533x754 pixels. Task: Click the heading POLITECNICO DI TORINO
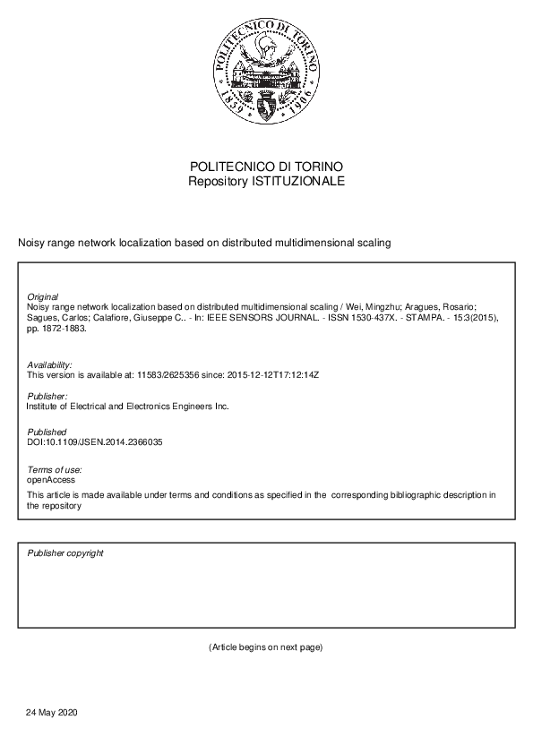click(266, 167)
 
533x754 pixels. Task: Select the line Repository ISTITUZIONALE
click(266, 181)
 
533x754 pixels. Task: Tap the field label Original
click(43, 296)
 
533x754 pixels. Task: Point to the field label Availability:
click(49, 365)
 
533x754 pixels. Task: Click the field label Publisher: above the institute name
click(47, 396)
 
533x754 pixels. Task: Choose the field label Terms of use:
click(55, 469)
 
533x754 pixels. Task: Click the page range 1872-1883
click(60, 329)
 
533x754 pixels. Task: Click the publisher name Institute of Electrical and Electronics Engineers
click(128, 406)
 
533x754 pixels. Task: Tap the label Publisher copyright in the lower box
click(65, 553)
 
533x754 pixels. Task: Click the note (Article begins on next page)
click(265, 647)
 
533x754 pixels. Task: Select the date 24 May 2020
click(53, 712)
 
